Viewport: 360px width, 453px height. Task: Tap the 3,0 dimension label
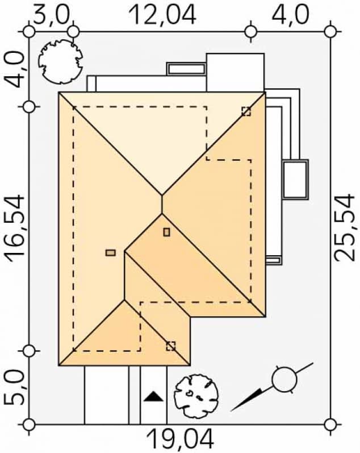click(x=51, y=14)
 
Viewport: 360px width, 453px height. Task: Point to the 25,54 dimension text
click(x=344, y=227)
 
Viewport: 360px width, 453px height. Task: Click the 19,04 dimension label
click(x=181, y=439)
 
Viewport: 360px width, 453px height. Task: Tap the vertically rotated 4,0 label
click(x=15, y=69)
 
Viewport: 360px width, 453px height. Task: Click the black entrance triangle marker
click(x=152, y=397)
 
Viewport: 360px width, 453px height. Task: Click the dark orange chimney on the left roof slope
click(x=111, y=252)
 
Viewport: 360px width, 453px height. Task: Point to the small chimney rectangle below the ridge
click(x=166, y=232)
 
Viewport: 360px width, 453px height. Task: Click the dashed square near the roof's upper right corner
click(x=246, y=111)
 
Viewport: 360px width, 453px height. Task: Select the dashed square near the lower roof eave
click(x=170, y=346)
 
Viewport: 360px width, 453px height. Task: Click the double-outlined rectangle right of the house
click(x=295, y=179)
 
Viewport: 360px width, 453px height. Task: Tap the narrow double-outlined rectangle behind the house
click(x=186, y=69)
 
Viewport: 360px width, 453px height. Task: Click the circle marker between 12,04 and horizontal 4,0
click(x=252, y=30)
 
